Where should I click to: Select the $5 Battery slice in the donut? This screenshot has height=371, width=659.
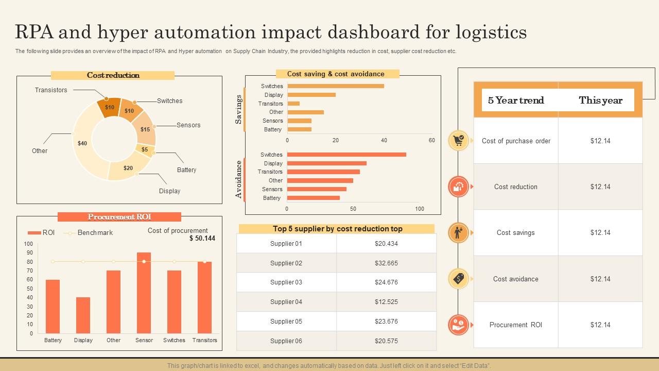[145, 150]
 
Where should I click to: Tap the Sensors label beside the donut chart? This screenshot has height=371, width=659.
[188, 125]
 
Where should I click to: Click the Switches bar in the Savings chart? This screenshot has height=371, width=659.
[335, 86]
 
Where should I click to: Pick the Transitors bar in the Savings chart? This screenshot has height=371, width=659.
[293, 104]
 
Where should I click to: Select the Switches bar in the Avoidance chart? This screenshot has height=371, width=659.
[346, 155]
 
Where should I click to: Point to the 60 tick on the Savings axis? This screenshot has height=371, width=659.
[431, 140]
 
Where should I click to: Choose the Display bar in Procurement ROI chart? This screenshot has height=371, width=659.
[83, 315]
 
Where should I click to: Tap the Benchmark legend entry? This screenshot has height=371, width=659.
[95, 233]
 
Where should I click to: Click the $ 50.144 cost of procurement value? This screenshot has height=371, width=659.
[202, 239]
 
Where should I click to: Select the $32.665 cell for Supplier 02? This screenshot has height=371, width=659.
[386, 263]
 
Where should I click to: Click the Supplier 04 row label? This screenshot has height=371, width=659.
[286, 302]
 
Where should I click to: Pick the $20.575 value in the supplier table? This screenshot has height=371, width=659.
[386, 341]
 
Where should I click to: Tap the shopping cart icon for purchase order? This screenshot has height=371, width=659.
[458, 140]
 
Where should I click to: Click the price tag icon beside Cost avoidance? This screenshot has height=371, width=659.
[458, 279]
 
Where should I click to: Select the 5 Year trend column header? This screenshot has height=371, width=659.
[516, 100]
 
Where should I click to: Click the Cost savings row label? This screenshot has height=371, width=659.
[515, 233]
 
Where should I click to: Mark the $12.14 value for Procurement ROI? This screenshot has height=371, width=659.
[600, 325]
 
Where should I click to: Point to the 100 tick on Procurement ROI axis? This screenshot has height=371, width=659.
[28, 244]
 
